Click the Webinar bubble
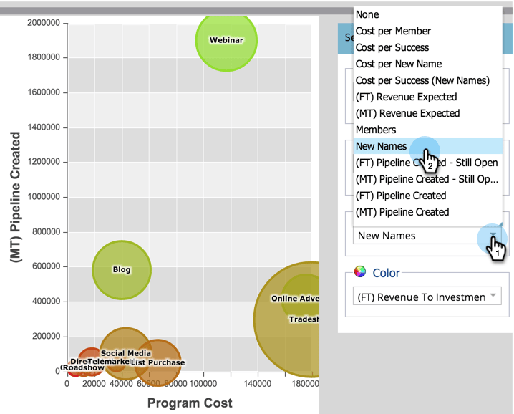[x=226, y=40]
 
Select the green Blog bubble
[x=122, y=270]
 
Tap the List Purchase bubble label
[x=157, y=362]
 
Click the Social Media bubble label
[x=125, y=353]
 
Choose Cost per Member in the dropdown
[x=393, y=31]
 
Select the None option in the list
[x=367, y=14]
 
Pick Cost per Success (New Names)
[x=422, y=80]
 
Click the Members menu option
[x=376, y=130]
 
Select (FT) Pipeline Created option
[x=401, y=196]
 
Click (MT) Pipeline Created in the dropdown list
[x=402, y=212]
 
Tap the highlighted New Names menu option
[x=382, y=146]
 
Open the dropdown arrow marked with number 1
[x=493, y=236]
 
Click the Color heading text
[x=386, y=273]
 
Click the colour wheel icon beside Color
[x=360, y=273]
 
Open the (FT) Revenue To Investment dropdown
[x=427, y=297]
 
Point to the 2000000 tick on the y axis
[x=44, y=23]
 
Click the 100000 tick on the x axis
[x=203, y=385]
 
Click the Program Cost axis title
[x=190, y=403]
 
